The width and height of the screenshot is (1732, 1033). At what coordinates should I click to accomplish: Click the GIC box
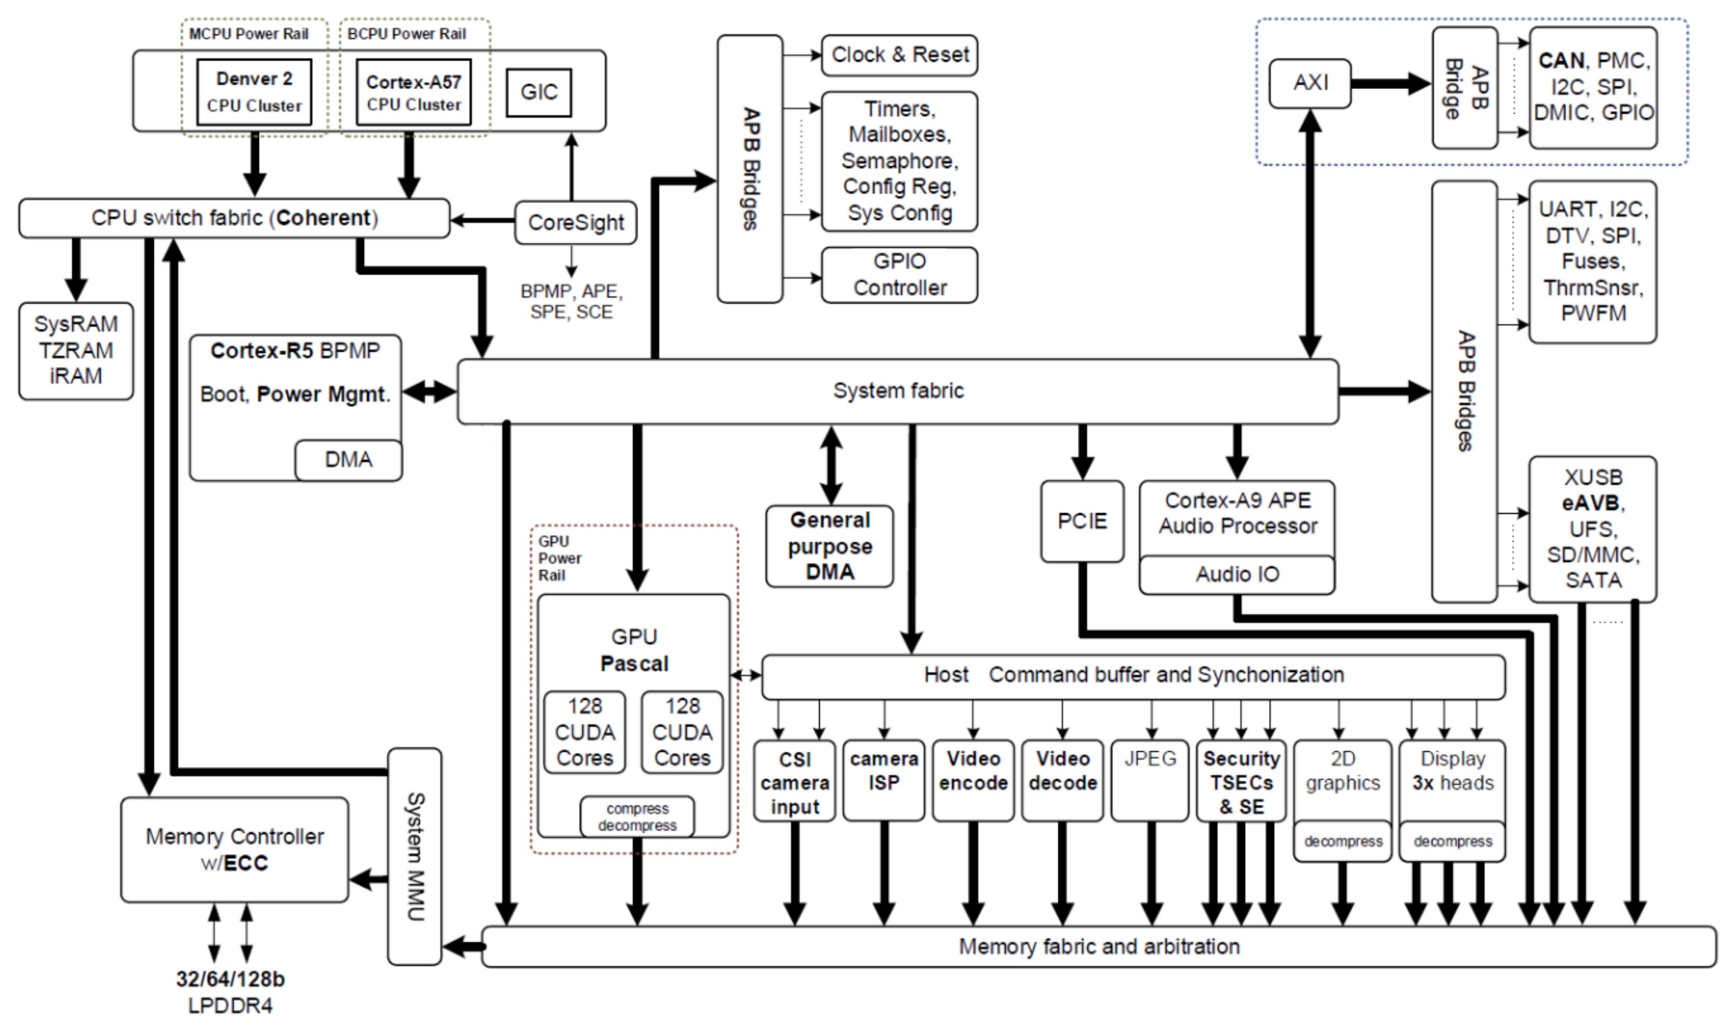538,92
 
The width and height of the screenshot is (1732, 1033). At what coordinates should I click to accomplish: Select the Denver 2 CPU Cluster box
254,92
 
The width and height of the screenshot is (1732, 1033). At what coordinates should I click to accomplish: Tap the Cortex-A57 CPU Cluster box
413,92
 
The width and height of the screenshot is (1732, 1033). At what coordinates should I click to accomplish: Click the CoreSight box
575,223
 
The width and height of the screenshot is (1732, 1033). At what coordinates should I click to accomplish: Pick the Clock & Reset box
899,55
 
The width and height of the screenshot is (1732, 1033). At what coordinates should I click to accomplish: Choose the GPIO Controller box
899,275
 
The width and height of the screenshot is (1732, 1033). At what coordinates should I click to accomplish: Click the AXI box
1310,84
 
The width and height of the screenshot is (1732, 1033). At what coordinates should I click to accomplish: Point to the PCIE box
1082,521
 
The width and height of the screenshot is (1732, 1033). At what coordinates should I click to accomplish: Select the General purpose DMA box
829,546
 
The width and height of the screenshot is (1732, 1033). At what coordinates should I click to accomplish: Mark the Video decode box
1062,780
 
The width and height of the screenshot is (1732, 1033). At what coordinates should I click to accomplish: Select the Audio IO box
1237,575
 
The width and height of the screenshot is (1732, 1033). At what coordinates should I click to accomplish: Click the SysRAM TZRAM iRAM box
76,350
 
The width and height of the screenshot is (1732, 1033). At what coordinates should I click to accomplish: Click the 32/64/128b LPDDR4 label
230,992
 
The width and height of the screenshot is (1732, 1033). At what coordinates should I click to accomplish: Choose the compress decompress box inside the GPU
636,817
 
